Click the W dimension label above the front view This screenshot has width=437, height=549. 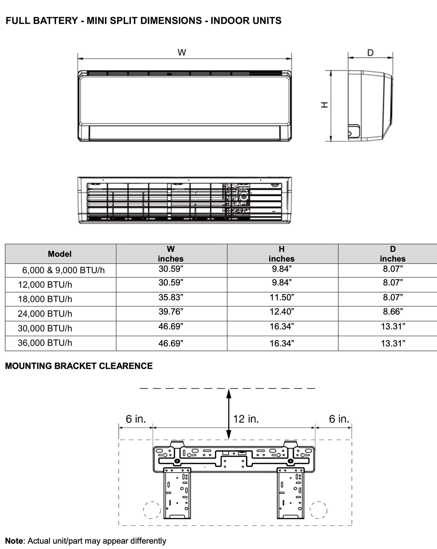point(181,52)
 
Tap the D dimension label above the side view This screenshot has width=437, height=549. point(370,53)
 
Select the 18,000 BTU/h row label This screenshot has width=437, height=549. point(45,299)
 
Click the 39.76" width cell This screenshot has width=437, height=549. point(171,311)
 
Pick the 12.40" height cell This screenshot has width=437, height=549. point(282,311)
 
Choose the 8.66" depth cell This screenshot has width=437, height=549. point(393,311)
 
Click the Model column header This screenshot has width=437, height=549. point(60,254)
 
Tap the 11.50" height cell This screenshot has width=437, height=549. point(282,297)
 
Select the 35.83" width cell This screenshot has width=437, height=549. point(171,297)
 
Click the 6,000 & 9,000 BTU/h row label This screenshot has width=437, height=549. point(63,270)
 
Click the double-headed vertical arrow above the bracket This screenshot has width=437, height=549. point(229,414)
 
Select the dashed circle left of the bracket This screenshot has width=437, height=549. point(152,510)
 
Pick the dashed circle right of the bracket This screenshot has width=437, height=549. point(318,510)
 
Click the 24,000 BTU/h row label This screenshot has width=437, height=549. point(45,314)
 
